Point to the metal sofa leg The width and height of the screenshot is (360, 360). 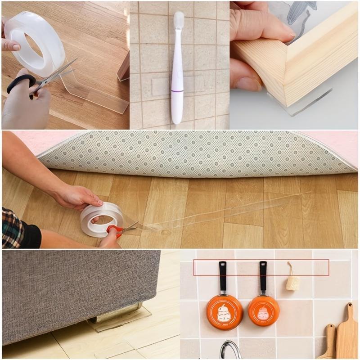[x=115, y=313]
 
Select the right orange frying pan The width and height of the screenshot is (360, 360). [x=264, y=310]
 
